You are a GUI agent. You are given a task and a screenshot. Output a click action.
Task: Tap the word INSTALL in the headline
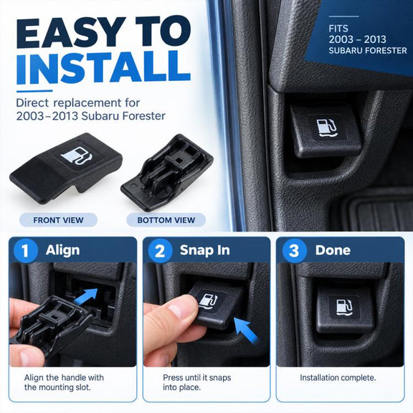coord(103,67)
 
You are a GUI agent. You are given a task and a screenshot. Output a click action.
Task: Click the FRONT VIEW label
coord(58,220)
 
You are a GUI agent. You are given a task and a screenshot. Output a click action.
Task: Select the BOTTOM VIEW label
coord(166,220)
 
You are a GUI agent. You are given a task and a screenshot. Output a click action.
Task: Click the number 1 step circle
coord(25,250)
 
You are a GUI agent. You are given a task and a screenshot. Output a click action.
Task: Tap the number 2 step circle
coord(160,250)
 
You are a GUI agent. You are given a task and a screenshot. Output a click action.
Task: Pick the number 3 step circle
coord(294,250)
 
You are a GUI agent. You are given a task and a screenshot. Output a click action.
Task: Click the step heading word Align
coord(62,250)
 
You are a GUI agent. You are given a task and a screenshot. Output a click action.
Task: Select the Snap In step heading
coord(204,250)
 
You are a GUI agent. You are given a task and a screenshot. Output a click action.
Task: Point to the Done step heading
coord(333,250)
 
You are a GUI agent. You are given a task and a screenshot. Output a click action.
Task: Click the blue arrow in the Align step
coord(86,296)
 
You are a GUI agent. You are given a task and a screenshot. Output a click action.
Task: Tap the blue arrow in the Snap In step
coord(245,329)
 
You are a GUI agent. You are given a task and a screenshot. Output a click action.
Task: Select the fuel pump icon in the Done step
coord(344,308)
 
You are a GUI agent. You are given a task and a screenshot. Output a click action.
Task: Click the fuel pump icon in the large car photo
coord(327,128)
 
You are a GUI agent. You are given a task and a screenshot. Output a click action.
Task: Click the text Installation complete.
coord(338,378)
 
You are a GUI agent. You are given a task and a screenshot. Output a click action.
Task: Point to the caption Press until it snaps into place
coord(196,382)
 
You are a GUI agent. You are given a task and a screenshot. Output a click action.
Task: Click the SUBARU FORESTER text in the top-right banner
coord(368,50)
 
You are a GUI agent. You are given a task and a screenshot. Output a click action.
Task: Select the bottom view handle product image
coord(167,173)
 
